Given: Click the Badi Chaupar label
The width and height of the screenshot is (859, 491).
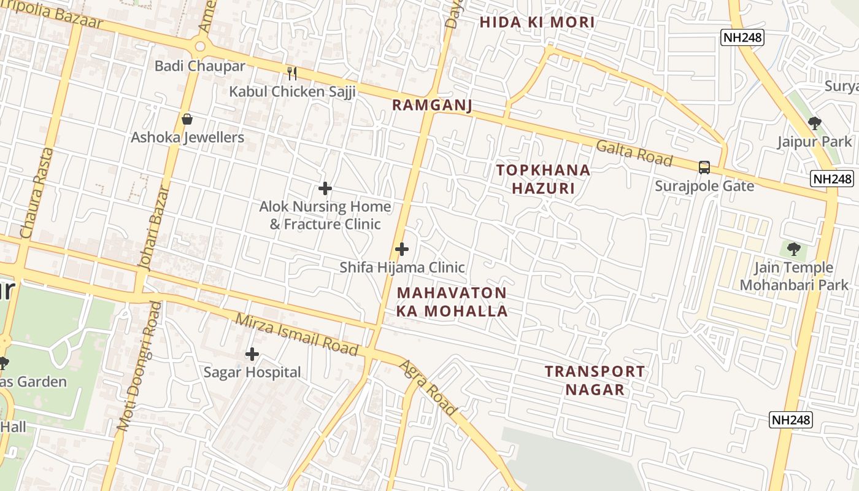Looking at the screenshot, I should coord(199,66).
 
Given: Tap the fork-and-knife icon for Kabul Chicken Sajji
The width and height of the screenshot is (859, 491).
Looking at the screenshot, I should coord(292,74).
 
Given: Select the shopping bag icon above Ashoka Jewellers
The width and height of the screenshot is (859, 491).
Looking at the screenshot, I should coord(187,119).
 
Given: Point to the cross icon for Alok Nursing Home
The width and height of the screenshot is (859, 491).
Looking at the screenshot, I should coord(325,188).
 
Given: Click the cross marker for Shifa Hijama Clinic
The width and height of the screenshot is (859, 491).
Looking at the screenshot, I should coord(402,249).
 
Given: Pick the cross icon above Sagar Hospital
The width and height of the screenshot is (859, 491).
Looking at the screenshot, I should coord(252,354).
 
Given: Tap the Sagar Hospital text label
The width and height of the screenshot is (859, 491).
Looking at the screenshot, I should coord(252,373).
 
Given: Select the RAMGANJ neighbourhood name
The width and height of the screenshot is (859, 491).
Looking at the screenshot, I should coord(432,106).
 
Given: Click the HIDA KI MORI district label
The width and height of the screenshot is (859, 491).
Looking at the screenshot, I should coord(537,23).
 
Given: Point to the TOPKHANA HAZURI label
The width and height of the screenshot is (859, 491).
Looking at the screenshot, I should coord(543,179).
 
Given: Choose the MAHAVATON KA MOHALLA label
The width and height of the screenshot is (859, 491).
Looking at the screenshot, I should coord(452,302).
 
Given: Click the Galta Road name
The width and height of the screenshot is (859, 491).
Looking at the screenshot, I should coord(634,153).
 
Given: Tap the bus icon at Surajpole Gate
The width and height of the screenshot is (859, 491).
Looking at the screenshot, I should coord(704,167).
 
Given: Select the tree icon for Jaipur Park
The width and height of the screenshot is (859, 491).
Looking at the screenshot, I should coord(815,123).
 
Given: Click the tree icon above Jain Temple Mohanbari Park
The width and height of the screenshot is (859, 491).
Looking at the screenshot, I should coord(794,249).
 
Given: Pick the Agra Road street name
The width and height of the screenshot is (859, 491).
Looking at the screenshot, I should coord(428,388).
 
